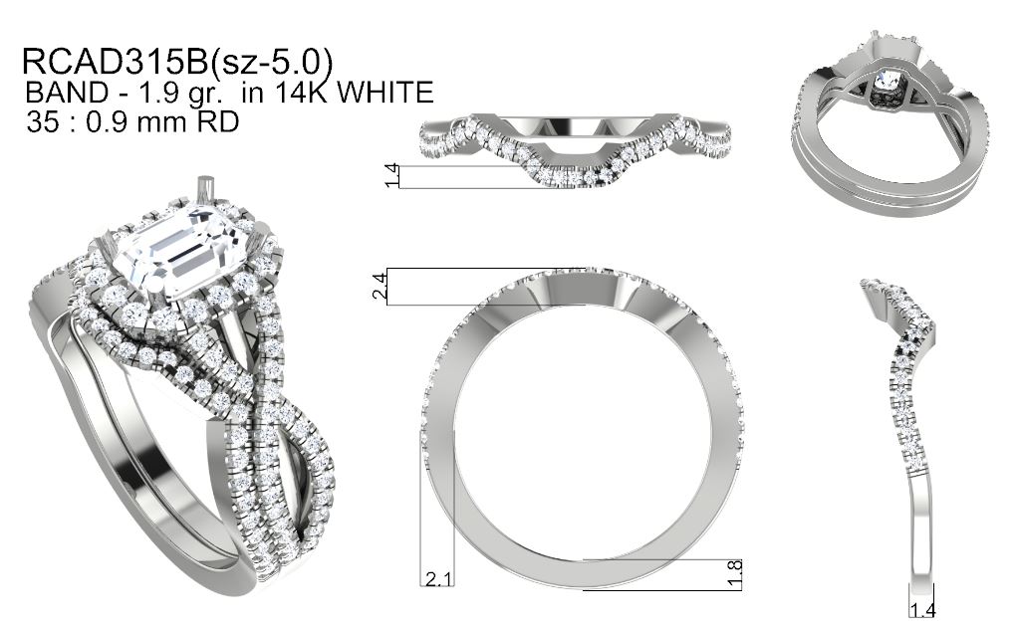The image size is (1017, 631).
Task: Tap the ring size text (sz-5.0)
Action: (271, 63)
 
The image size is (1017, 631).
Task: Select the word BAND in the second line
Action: (67, 92)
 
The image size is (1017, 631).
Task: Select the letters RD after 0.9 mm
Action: (216, 121)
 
